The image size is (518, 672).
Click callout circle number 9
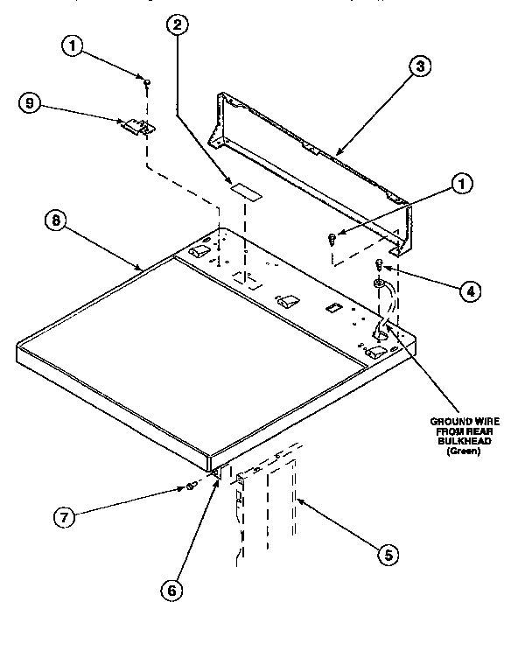coord(31,102)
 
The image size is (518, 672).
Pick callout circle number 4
coord(471,291)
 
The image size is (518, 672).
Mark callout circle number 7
coord(63,516)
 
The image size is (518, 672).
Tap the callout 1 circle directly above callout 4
coord(460,183)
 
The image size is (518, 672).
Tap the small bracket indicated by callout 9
coord(137,127)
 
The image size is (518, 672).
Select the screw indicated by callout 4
coord(379,264)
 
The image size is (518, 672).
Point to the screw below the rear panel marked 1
coord(332,238)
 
